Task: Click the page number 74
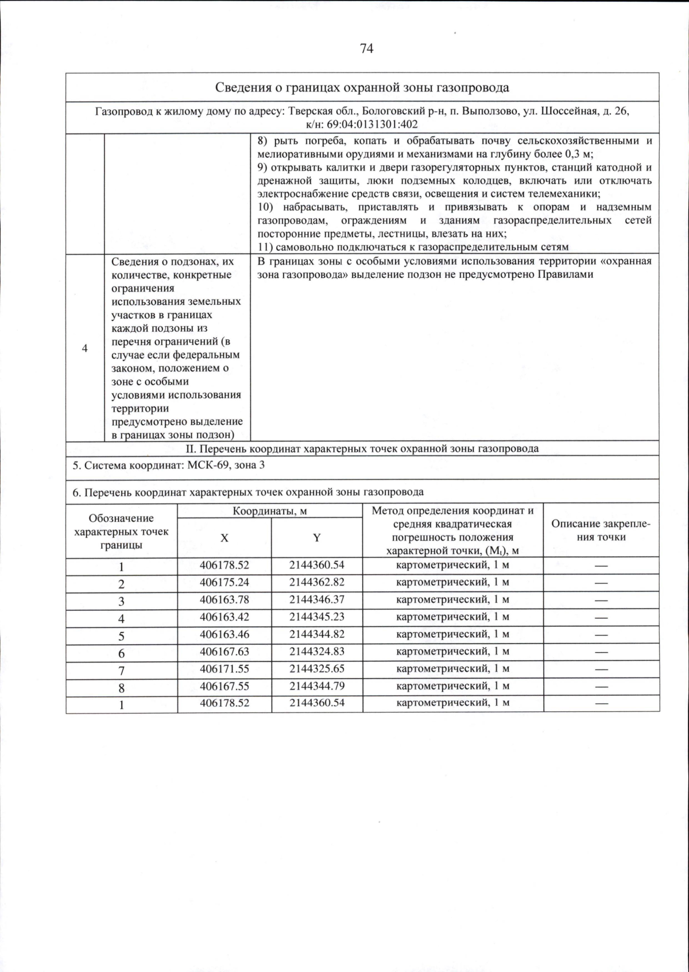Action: pyautogui.click(x=366, y=49)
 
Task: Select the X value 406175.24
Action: pyautogui.click(x=224, y=582)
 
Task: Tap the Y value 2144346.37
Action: pyautogui.click(x=317, y=599)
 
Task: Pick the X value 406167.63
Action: pyautogui.click(x=224, y=652)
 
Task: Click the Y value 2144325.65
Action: pyautogui.click(x=317, y=669)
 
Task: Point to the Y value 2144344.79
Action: pyautogui.click(x=317, y=686)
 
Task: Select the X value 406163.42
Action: pyautogui.click(x=224, y=617)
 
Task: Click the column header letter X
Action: pyautogui.click(x=224, y=538)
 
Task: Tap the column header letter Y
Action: pyautogui.click(x=316, y=538)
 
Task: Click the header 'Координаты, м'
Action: pyautogui.click(x=270, y=511)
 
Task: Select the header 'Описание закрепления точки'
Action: pyautogui.click(x=601, y=530)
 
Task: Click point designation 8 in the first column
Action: pyautogui.click(x=122, y=688)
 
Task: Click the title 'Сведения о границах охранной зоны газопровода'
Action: pyautogui.click(x=362, y=88)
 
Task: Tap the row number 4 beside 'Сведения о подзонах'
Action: pyautogui.click(x=85, y=348)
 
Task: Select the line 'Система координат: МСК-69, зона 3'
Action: pyautogui.click(x=169, y=465)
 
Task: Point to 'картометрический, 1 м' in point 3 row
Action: pyautogui.click(x=453, y=599)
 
